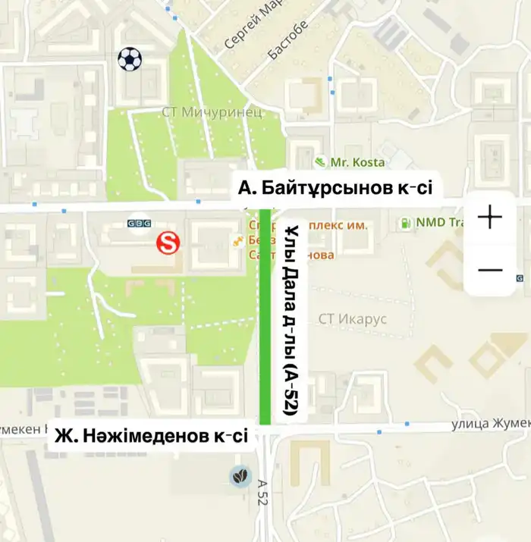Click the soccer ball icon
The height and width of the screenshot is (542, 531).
[x=130, y=59]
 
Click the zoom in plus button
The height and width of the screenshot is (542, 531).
[x=490, y=218]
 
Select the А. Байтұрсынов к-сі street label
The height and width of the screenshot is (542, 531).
[x=335, y=187]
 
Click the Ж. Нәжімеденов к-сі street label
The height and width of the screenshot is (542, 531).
[x=149, y=437]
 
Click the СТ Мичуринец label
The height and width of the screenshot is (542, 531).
[x=212, y=112]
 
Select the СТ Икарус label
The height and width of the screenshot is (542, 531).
[x=352, y=319]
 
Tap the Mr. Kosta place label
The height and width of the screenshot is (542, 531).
[x=358, y=162]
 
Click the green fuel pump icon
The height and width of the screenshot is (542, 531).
[x=406, y=223]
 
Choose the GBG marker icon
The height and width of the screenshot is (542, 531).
[x=138, y=224]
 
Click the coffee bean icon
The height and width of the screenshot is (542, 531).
[x=240, y=476]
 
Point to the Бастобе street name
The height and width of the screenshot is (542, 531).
[x=289, y=41]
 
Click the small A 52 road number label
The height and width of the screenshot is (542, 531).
[x=262, y=492]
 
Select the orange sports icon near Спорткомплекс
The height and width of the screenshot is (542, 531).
[x=238, y=241]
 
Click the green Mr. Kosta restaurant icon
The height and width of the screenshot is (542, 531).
[x=321, y=162]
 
